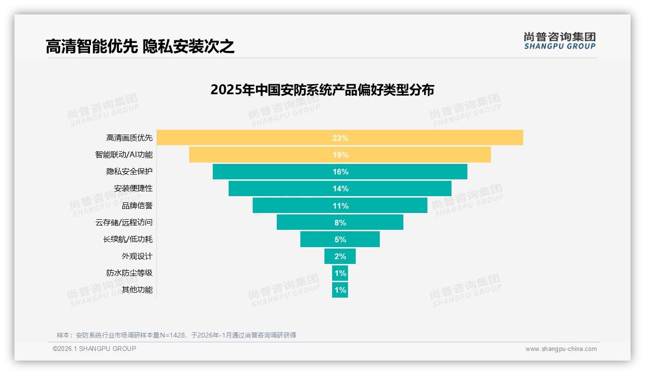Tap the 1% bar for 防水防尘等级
[x=340, y=273]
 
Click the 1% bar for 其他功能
[x=340, y=290]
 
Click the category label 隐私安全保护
[x=129, y=172]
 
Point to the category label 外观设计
[x=137, y=256]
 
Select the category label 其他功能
[x=137, y=290]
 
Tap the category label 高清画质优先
[x=129, y=138]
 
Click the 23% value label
[x=340, y=138]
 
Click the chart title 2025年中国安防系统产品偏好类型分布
[x=322, y=90]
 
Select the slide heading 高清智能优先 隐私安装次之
[x=140, y=47]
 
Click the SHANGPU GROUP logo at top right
[x=559, y=41]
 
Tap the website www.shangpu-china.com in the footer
[x=561, y=349]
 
